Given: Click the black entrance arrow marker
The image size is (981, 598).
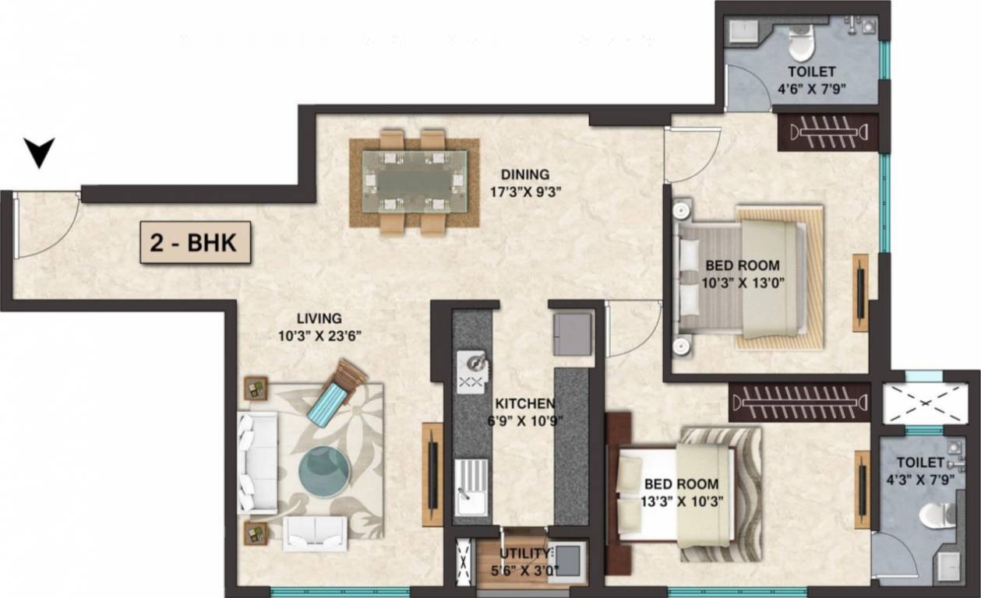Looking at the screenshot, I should pos(39,151).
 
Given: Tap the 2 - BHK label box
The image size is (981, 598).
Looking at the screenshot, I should pos(196,242).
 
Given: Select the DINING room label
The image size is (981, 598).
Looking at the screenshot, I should pos(524,175).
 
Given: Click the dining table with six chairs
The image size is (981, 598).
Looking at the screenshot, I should pos(414,182).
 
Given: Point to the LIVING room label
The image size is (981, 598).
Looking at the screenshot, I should pos(319,318).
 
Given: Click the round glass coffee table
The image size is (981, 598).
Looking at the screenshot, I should pos(324,471).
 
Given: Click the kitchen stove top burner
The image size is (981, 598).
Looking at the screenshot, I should pos(474,371).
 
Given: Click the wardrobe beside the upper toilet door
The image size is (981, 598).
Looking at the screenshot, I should pos(827,132).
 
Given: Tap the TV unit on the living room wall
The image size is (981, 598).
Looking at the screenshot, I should pos(432,474).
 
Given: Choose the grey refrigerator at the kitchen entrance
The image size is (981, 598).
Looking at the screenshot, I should pos(573,332).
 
